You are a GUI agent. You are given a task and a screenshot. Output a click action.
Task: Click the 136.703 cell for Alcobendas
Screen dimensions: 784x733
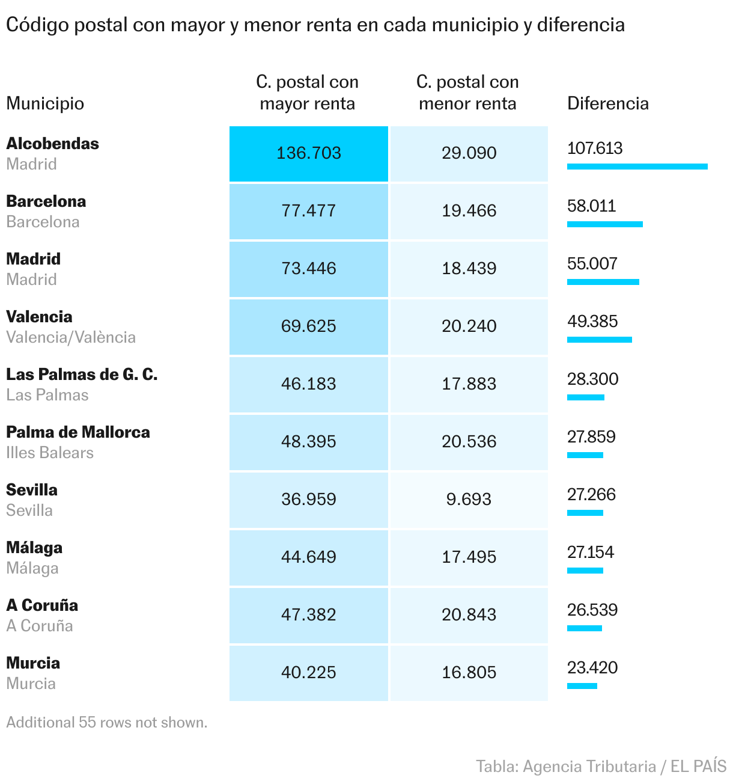(x=309, y=153)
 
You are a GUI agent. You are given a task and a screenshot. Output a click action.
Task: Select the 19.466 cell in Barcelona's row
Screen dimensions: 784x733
(x=469, y=211)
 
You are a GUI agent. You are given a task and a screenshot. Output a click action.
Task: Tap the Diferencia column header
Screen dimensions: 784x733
(x=607, y=103)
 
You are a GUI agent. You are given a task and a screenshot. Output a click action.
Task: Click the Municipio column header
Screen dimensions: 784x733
(x=45, y=103)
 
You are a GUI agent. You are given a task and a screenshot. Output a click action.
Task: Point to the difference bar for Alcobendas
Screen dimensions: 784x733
(x=637, y=167)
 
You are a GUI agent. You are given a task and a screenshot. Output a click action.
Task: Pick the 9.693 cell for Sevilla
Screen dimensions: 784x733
(x=469, y=500)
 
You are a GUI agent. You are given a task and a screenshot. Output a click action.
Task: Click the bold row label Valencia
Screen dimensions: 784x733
(x=39, y=317)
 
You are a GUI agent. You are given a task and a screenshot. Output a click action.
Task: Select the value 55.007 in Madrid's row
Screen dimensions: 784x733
(x=592, y=264)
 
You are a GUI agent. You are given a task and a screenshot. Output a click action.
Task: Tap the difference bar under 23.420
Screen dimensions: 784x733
(x=582, y=686)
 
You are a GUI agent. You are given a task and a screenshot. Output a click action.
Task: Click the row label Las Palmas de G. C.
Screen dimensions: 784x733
(x=82, y=375)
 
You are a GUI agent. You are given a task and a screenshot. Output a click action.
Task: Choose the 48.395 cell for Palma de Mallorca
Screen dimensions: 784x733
(x=309, y=442)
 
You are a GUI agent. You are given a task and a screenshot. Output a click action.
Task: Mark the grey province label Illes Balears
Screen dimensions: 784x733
(x=50, y=453)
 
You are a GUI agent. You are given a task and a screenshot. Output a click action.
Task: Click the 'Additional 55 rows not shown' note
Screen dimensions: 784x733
(x=106, y=723)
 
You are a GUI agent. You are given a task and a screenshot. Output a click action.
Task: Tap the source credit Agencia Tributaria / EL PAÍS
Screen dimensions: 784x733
(x=601, y=767)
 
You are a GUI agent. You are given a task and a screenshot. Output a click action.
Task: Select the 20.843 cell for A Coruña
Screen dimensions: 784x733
(x=469, y=615)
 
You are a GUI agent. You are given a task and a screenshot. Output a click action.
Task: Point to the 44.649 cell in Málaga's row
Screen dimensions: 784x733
(x=309, y=557)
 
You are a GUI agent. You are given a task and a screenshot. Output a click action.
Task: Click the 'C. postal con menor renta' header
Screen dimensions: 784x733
(x=467, y=93)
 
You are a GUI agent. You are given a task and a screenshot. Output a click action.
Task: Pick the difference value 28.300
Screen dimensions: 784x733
(x=592, y=379)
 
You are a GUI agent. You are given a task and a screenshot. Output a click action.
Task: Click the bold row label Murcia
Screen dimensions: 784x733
(x=33, y=663)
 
